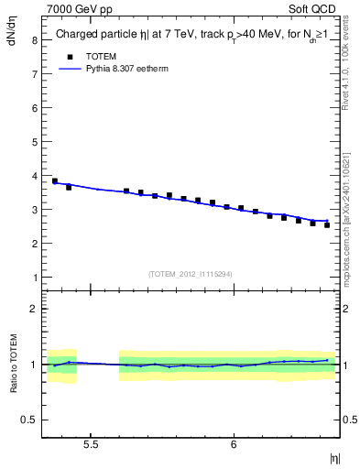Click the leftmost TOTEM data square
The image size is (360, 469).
coord(55,181)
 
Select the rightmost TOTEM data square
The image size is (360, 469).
coord(327,225)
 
